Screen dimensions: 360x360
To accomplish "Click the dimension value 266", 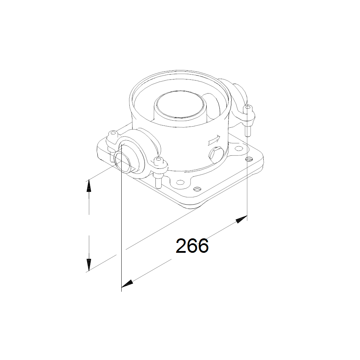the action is tap(192, 246).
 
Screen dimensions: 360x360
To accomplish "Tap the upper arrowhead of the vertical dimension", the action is tap(89, 186).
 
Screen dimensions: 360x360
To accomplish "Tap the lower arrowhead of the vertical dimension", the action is tap(89, 264).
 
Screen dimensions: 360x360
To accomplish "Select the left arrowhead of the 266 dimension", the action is tap(127, 284).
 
